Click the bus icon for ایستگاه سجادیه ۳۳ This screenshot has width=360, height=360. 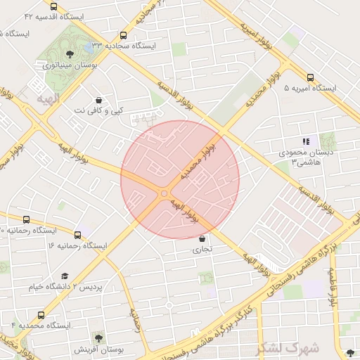coord(124,34)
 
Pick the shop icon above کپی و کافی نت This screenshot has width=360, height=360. coord(98,100)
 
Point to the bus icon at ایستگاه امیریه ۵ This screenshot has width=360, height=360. coord(310,77)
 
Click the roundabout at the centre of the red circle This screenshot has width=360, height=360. coord(165,193)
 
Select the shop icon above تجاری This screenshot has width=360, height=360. coord(202,238)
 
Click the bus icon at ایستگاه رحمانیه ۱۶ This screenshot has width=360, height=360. coord(77,235)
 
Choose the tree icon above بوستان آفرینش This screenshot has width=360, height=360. coord(98,338)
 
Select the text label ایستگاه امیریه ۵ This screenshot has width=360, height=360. coord(310,89)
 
